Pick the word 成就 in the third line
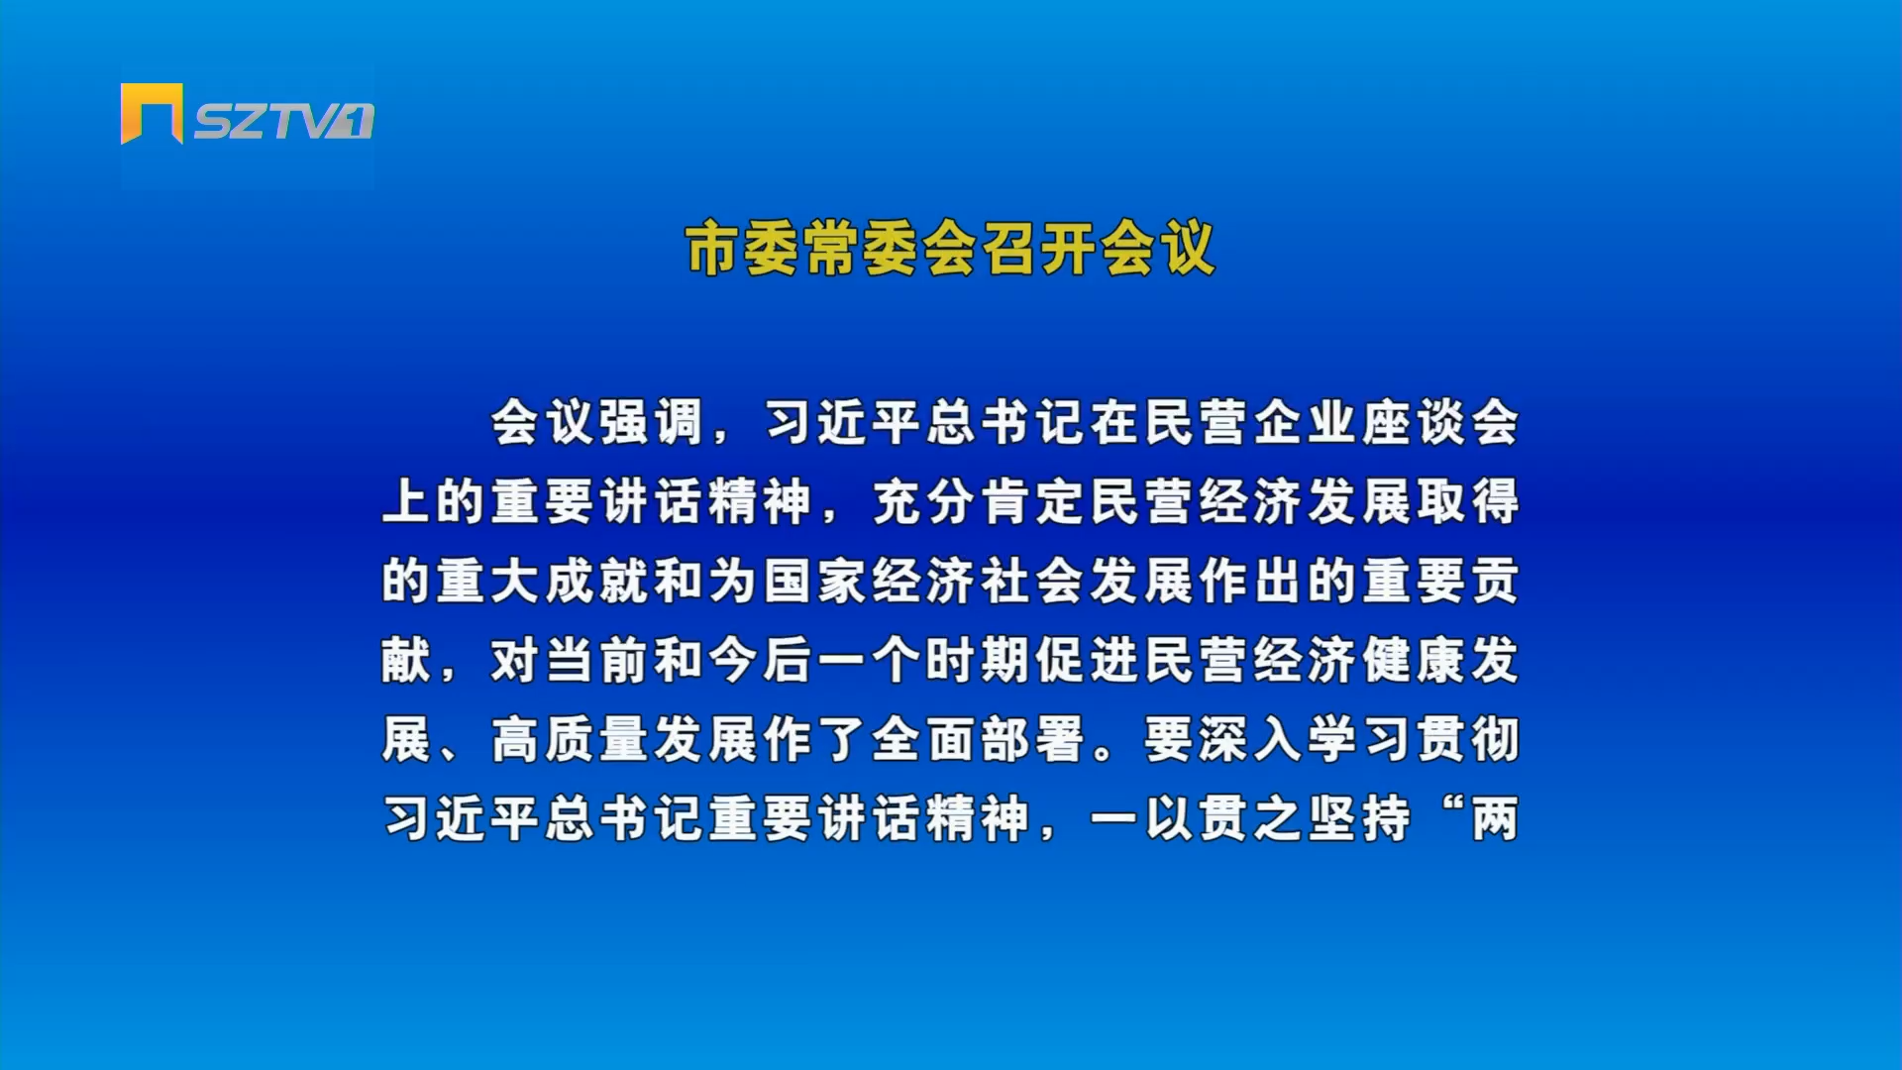click(x=597, y=581)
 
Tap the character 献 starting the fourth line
click(x=407, y=660)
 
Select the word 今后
click(x=761, y=660)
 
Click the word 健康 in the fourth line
click(x=1414, y=660)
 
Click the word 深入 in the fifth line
click(x=1250, y=739)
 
